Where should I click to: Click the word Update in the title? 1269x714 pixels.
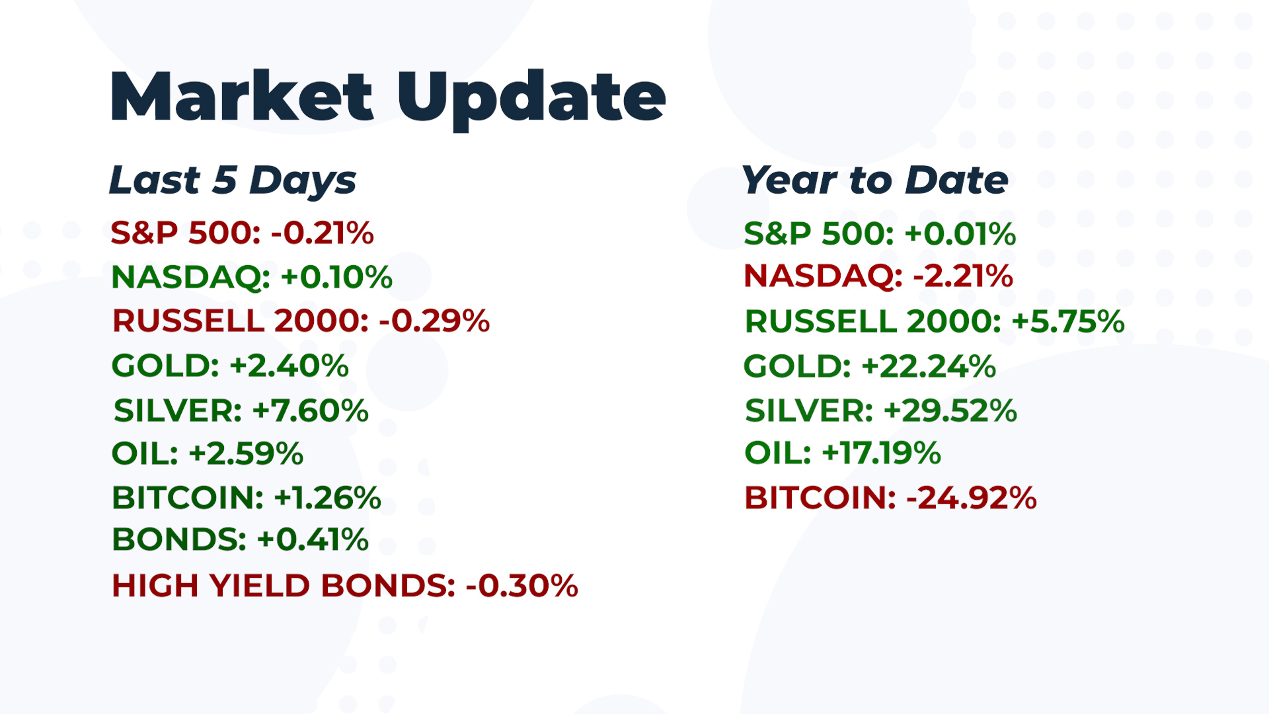(x=531, y=100)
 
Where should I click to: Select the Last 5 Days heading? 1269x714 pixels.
(x=233, y=180)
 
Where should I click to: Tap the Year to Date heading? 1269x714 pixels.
(x=875, y=180)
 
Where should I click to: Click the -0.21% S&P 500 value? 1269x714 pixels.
(x=323, y=233)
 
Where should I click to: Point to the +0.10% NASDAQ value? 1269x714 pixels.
(x=336, y=277)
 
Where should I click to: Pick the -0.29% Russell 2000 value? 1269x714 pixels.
(x=434, y=321)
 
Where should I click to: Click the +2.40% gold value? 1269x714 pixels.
(x=289, y=366)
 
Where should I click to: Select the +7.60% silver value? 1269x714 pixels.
(x=311, y=411)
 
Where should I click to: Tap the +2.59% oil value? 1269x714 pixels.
(x=246, y=454)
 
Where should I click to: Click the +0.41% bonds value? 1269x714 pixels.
(x=313, y=539)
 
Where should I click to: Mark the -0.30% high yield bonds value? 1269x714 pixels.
(x=522, y=586)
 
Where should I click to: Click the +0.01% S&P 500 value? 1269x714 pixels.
(x=960, y=234)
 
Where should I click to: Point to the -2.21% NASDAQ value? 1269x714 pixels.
(x=963, y=276)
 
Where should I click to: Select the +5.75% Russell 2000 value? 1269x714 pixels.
(x=1068, y=322)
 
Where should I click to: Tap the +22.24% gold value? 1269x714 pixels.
(x=929, y=366)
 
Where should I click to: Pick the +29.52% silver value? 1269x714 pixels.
(x=950, y=411)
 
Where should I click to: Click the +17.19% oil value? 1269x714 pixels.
(x=881, y=454)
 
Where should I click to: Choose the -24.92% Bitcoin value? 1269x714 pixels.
(x=972, y=498)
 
